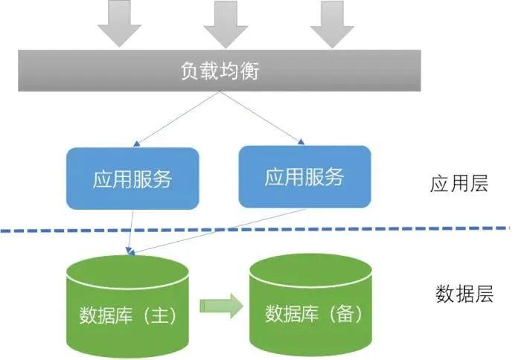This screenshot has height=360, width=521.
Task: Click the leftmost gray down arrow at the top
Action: tap(119, 22)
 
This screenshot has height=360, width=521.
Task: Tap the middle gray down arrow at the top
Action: tap(225, 22)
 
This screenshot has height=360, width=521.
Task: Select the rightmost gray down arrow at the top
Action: tap(331, 22)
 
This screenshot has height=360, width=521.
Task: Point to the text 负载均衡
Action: tap(221, 71)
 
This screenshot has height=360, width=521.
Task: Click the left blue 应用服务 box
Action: tap(132, 179)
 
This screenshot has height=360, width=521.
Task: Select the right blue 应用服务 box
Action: tap(304, 176)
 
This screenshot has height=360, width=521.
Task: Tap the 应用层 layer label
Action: tap(458, 184)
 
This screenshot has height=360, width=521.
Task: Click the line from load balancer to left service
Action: tap(179, 118)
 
